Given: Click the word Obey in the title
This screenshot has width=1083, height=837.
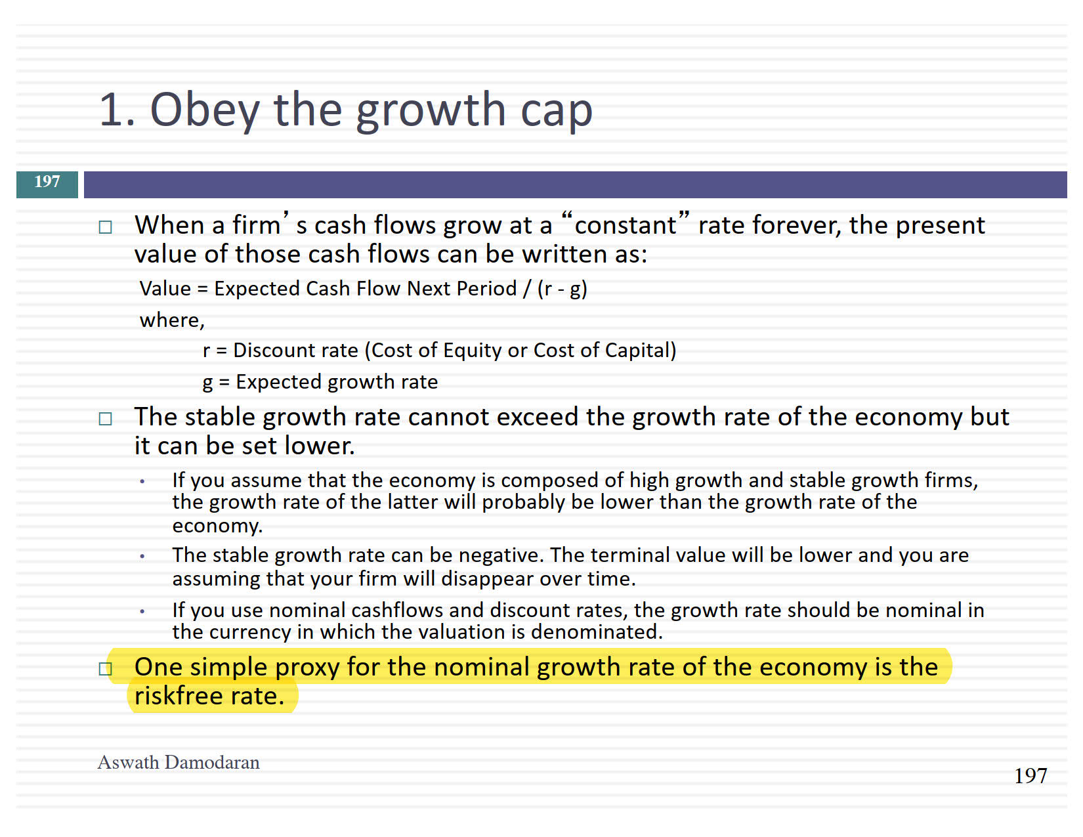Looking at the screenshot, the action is (204, 111).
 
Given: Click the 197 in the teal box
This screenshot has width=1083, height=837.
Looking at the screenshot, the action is (47, 181).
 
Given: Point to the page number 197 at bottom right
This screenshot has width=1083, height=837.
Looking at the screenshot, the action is (1030, 776).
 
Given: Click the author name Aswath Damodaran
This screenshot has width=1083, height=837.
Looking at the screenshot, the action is (179, 762).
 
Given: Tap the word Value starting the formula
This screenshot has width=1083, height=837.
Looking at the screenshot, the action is (165, 289).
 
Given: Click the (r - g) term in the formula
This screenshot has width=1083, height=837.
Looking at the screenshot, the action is (563, 289).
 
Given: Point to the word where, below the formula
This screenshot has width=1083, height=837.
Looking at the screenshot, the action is (172, 320).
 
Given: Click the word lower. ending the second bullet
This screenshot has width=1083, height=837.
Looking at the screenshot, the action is (320, 446).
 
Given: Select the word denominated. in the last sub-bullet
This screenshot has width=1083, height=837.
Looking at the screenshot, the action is (597, 632).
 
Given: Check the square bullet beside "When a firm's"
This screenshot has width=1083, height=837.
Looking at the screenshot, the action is (105, 228).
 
